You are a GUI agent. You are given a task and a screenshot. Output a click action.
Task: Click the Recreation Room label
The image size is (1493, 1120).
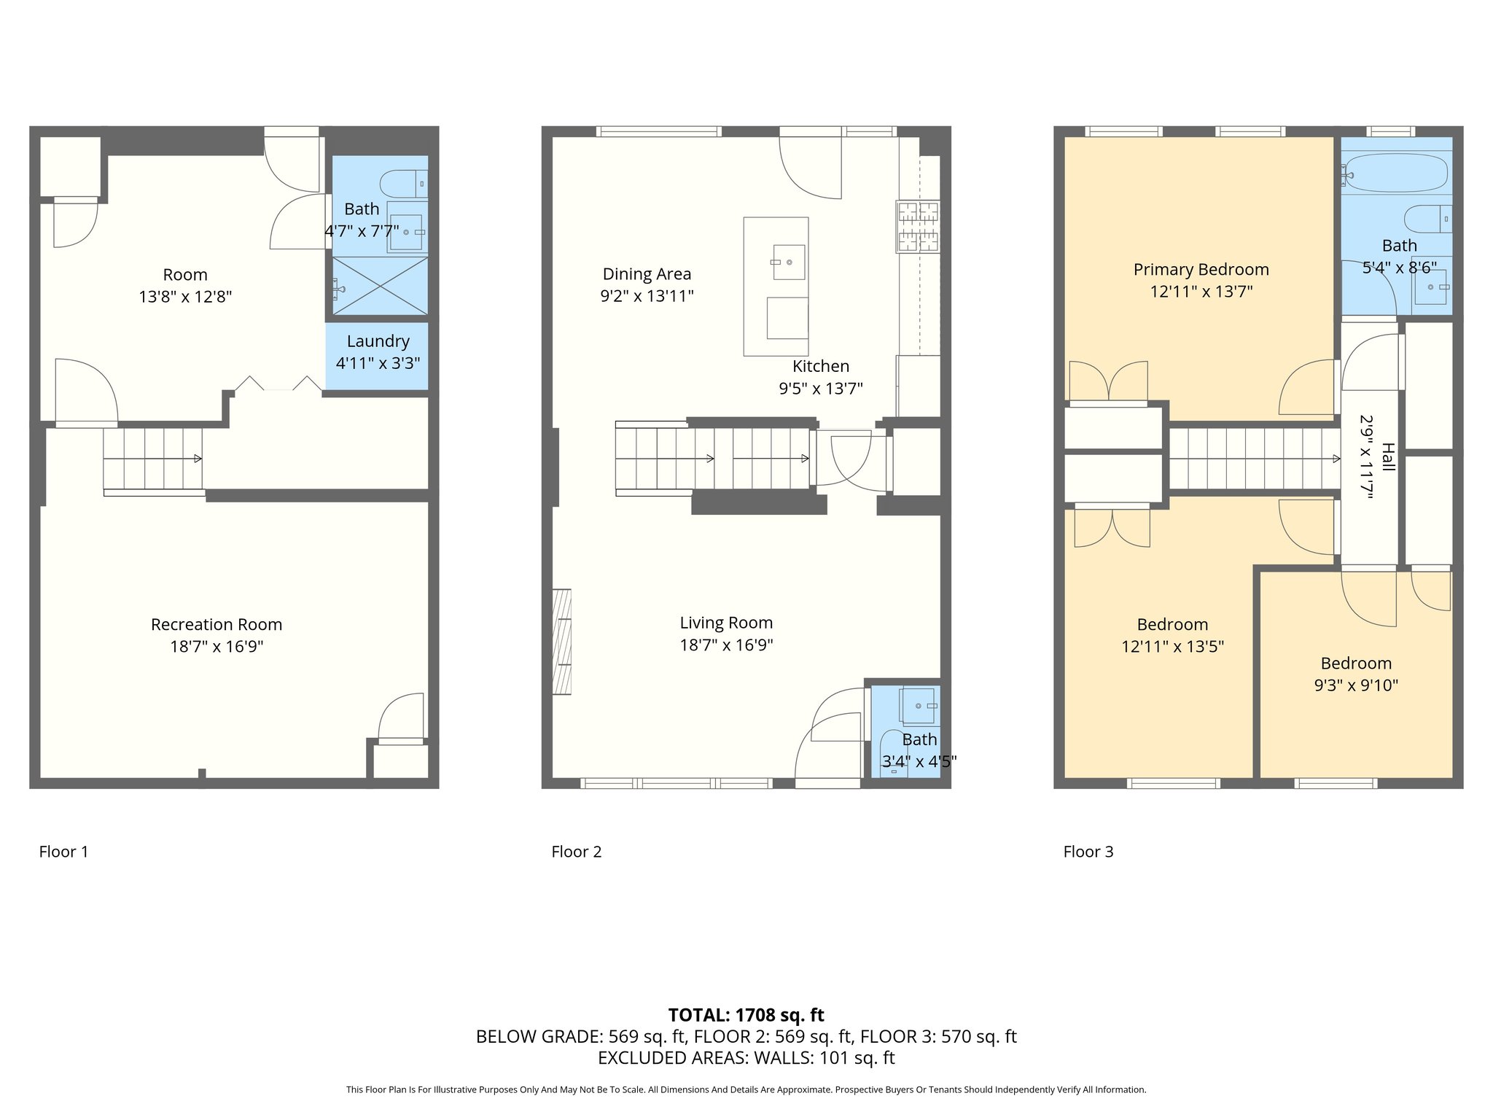(217, 625)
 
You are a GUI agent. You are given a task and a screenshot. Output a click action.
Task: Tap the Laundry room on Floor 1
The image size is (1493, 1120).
(377, 352)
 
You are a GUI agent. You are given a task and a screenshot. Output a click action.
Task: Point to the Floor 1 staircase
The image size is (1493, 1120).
(152, 459)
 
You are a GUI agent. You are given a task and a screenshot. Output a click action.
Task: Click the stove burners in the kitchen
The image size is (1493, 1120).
(918, 227)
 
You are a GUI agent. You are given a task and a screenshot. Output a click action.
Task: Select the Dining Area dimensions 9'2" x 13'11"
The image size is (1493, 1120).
(647, 296)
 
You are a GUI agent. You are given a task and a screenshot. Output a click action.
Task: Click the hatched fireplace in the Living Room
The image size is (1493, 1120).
(561, 641)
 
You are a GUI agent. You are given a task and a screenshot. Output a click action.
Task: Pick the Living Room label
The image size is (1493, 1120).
(726, 623)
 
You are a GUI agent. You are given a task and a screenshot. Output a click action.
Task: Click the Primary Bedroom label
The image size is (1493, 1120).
(1201, 270)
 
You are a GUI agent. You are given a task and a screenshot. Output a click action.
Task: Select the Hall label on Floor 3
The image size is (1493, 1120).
(1387, 457)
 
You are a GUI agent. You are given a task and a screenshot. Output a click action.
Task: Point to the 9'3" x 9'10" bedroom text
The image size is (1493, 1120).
(1356, 685)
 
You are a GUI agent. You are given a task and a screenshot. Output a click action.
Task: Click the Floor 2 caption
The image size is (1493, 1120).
(576, 852)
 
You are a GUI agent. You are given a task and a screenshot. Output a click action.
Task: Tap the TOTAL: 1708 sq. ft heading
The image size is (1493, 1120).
(746, 1015)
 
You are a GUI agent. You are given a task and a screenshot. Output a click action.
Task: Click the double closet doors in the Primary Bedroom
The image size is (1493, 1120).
(1108, 381)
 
